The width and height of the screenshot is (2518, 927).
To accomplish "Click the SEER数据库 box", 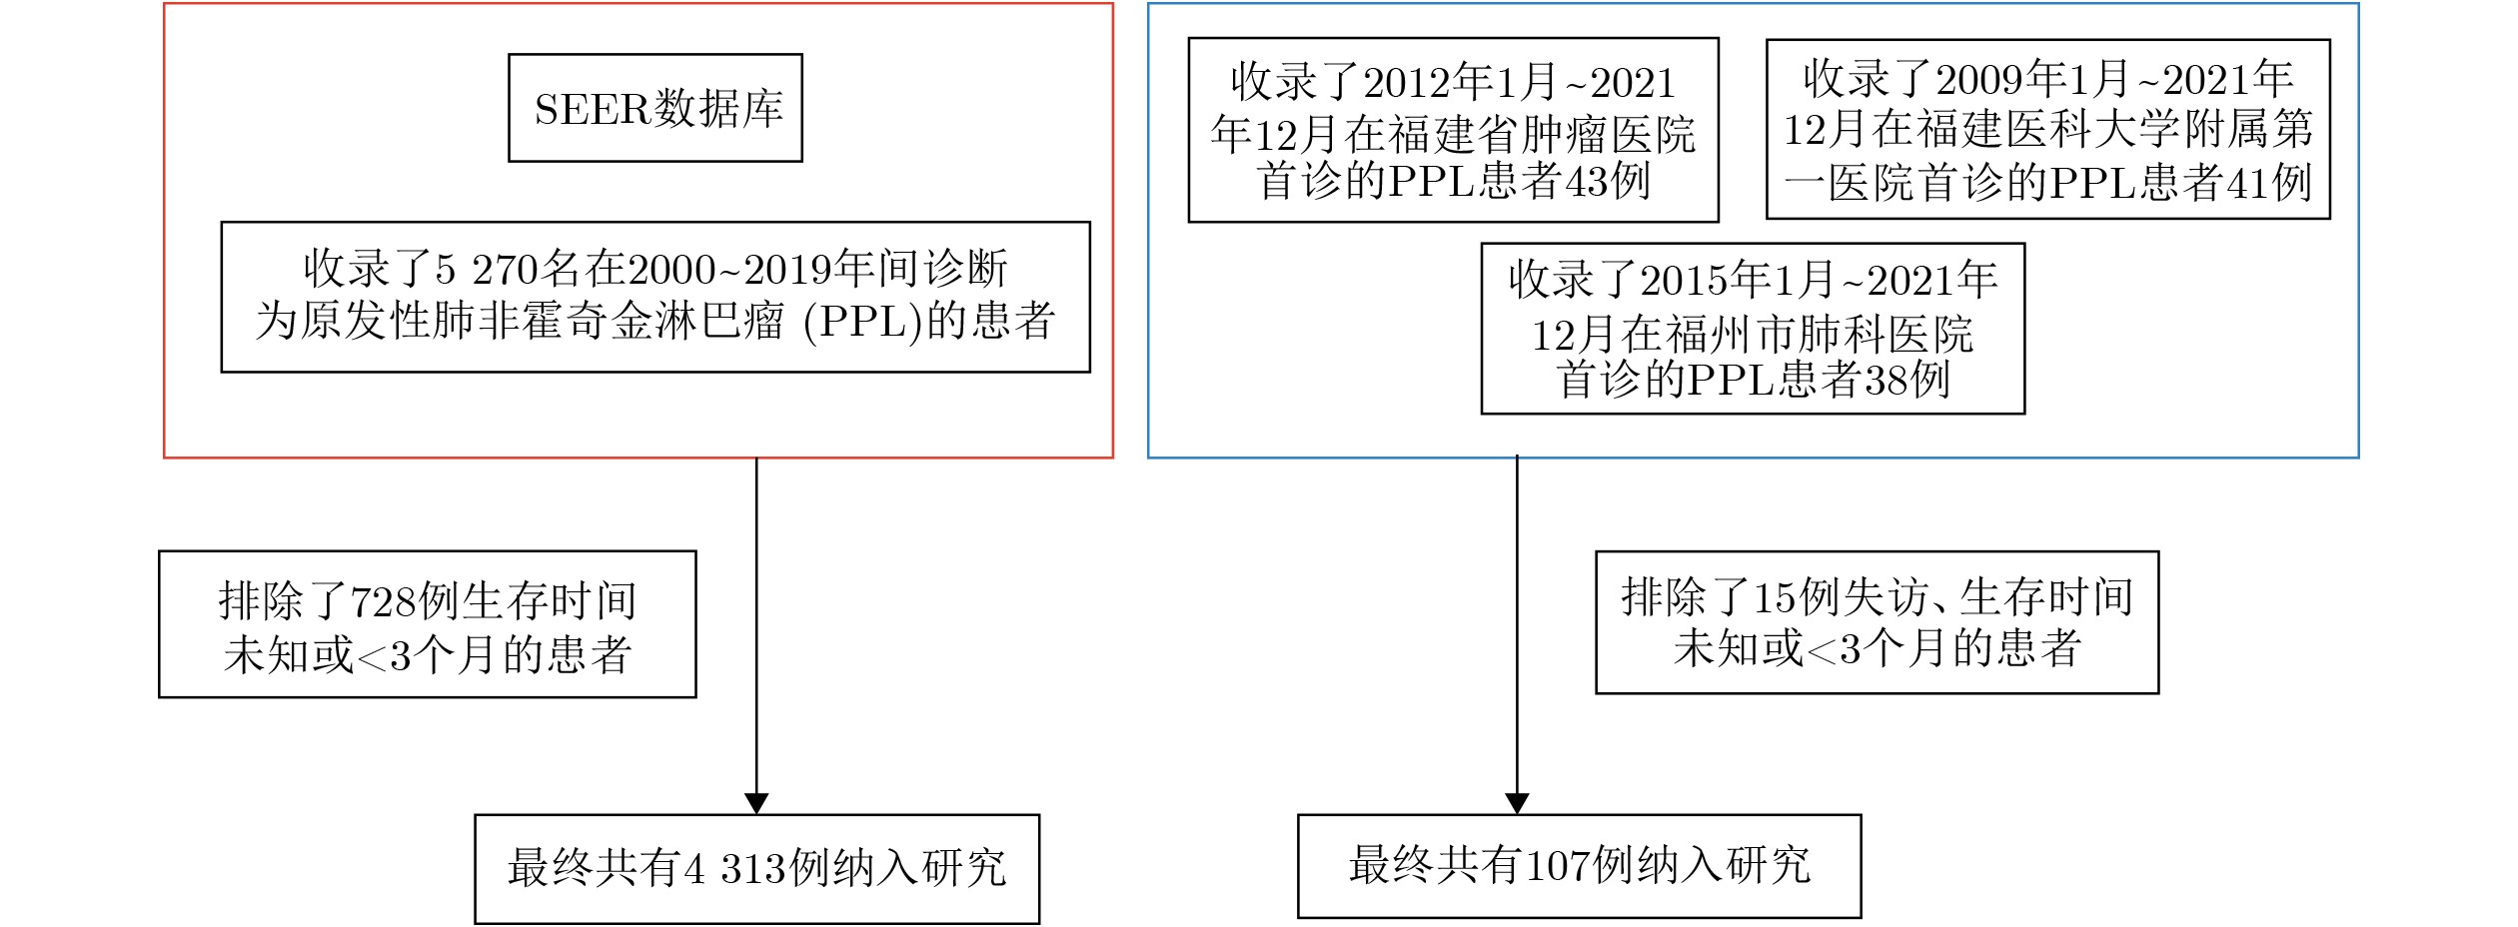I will [654, 108].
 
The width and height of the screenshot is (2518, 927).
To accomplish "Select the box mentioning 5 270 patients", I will [654, 297].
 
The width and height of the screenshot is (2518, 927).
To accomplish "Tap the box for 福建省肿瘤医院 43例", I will [1452, 130].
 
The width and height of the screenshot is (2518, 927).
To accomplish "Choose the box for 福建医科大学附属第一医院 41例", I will [2047, 129].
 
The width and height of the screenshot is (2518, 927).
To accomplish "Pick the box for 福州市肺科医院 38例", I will [1752, 328].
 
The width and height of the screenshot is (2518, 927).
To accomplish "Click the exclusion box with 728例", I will [427, 624].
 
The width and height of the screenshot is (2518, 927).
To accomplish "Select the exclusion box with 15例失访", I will [1877, 622].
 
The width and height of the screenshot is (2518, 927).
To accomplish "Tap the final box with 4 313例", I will [756, 868].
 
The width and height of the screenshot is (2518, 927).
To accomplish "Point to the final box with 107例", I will [1579, 866].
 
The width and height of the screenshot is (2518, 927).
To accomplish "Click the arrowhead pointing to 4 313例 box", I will [756, 803].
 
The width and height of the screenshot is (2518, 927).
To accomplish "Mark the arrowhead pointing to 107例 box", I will [1517, 803].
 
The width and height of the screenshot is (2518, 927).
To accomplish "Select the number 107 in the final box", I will [1558, 866].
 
